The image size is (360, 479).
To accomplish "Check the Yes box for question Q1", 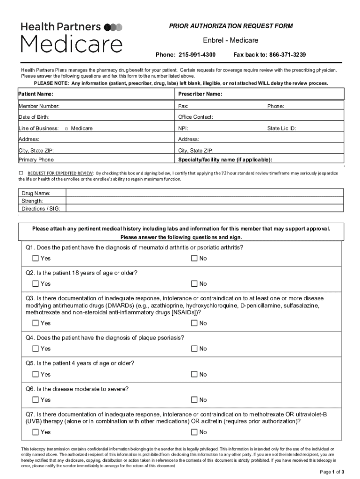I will [x=36, y=258].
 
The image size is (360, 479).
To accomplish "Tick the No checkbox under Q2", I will [x=194, y=283].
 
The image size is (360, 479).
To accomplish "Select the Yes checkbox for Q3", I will [x=36, y=323].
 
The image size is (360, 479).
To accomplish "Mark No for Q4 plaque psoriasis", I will [x=194, y=348].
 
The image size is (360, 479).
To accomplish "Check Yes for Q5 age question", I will [x=36, y=374].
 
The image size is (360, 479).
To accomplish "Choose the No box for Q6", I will [x=194, y=399].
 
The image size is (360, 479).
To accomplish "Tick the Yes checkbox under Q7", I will [x=36, y=432].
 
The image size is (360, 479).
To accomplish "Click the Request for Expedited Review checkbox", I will [x=21, y=172].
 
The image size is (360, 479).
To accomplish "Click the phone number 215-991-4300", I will [x=197, y=55].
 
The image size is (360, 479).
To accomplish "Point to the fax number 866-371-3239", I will [x=288, y=55].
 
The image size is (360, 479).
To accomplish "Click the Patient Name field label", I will [x=36, y=94].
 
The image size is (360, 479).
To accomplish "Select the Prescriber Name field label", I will [x=200, y=94].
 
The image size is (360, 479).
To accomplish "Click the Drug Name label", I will [x=36, y=193].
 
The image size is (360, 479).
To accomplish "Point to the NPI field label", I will [x=183, y=128].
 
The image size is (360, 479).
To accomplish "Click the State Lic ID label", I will [x=281, y=128].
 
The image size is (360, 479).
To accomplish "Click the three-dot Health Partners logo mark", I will [x=113, y=27].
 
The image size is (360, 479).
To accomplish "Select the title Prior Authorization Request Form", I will [x=231, y=26].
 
